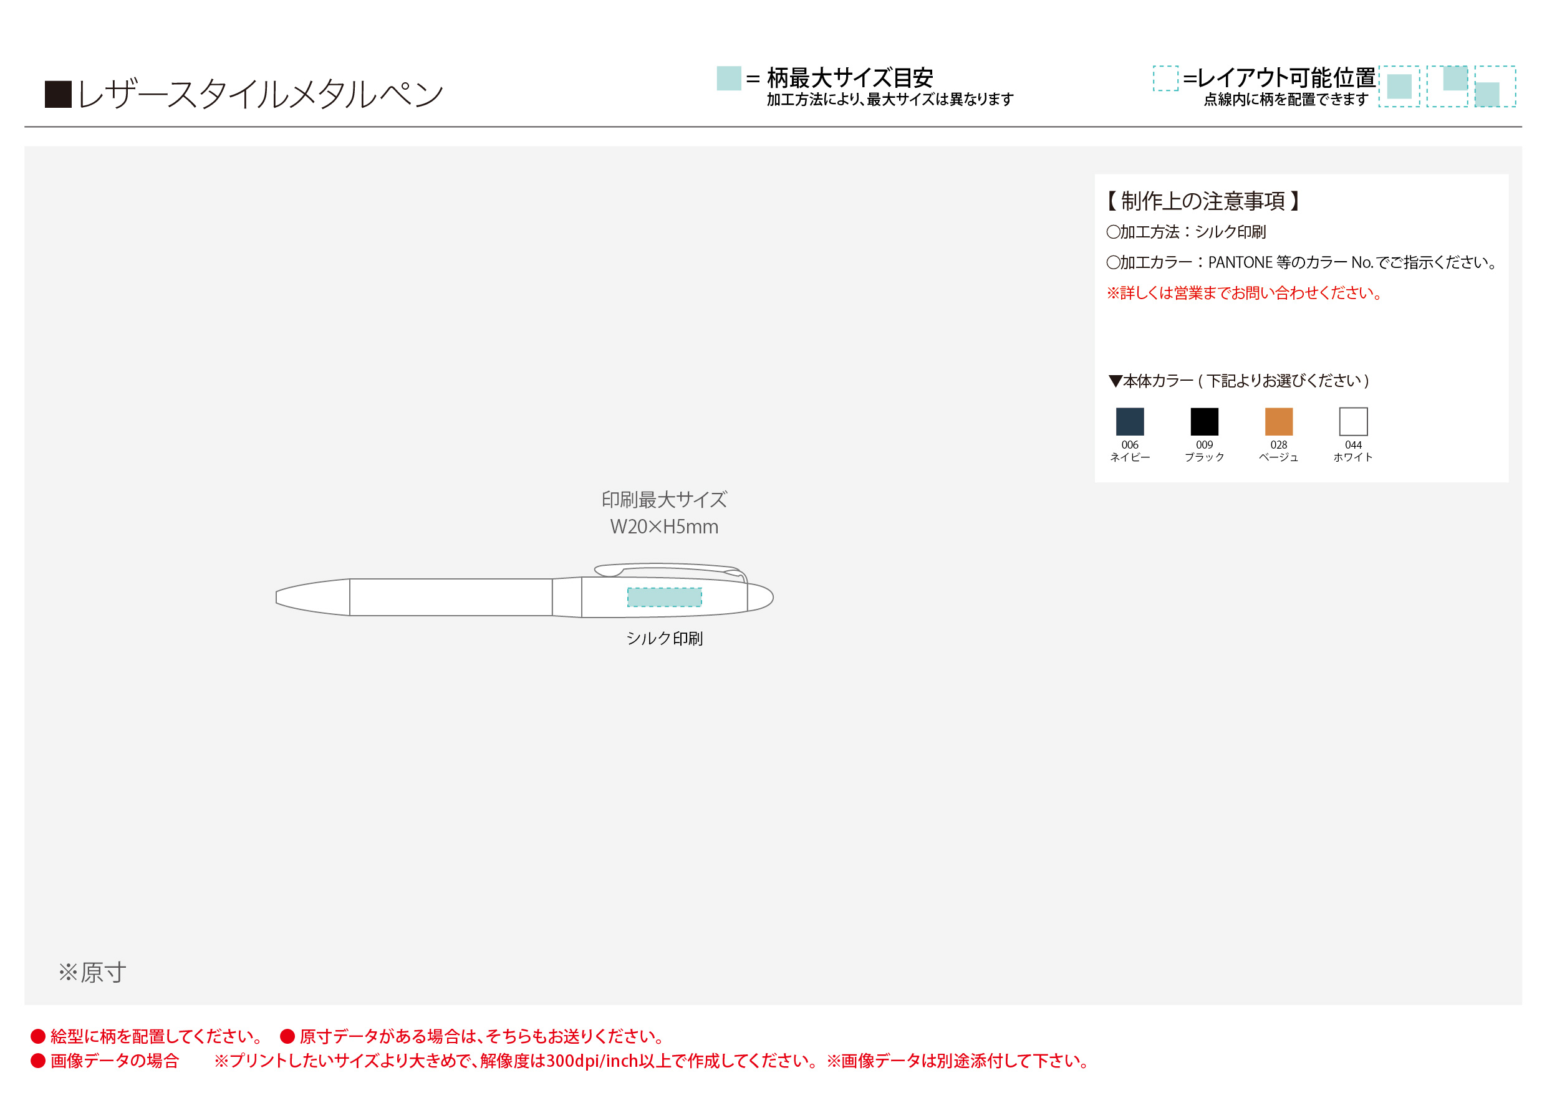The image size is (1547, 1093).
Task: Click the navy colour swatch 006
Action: click(1130, 422)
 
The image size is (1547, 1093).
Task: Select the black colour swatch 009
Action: click(1204, 422)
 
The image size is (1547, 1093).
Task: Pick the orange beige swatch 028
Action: click(1279, 422)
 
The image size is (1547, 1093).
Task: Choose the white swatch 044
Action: click(1353, 422)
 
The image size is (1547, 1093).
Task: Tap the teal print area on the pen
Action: click(664, 598)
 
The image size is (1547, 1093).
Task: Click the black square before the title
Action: click(58, 94)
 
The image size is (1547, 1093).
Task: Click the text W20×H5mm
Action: click(664, 527)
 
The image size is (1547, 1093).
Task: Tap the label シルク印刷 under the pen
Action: click(664, 639)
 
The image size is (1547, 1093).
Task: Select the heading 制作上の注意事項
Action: click(1203, 201)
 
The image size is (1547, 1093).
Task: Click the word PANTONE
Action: click(1240, 262)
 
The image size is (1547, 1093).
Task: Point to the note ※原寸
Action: click(92, 973)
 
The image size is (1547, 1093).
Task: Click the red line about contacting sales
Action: click(1245, 293)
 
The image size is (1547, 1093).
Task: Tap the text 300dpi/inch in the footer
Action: click(592, 1061)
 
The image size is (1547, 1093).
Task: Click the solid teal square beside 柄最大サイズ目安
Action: click(729, 78)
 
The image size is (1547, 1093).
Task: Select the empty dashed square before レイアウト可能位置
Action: click(1165, 78)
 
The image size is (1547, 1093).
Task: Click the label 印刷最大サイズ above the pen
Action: click(664, 500)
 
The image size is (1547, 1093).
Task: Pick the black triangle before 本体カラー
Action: click(1115, 381)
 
